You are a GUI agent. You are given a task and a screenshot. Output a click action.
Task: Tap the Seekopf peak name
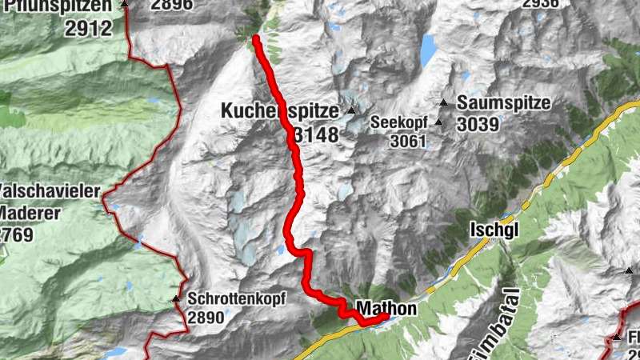(x=401, y=122)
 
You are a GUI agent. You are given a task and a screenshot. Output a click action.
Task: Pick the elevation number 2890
(x=207, y=318)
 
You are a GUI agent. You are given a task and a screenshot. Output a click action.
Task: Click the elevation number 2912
(x=89, y=30)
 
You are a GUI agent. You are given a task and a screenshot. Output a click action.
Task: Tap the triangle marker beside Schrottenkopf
(x=176, y=299)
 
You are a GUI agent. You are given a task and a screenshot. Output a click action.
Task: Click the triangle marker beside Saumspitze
(x=443, y=102)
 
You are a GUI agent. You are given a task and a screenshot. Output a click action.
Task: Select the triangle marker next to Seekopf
(x=438, y=122)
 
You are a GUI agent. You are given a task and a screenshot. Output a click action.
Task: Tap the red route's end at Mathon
(x=386, y=317)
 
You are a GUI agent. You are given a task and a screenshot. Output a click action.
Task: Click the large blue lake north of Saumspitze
(x=428, y=49)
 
